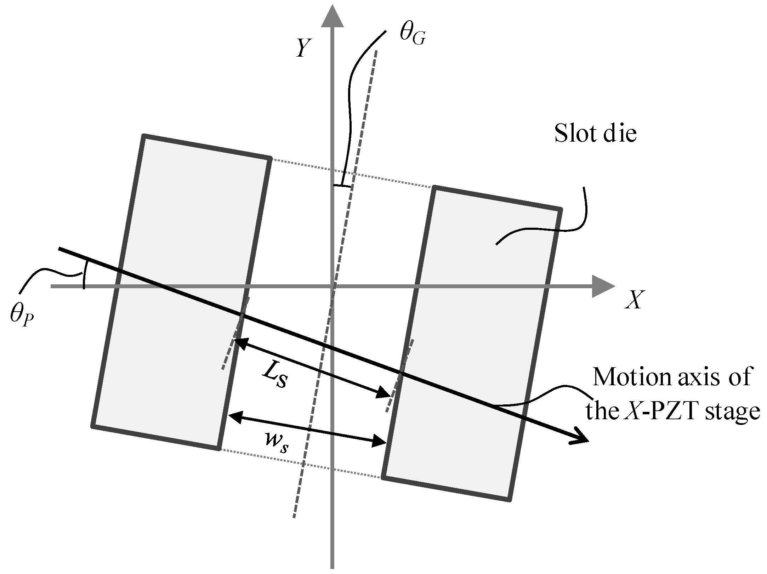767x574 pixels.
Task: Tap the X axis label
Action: click(x=634, y=300)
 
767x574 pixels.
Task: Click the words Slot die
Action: click(x=595, y=134)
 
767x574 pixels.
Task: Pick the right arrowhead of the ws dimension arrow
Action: click(x=380, y=441)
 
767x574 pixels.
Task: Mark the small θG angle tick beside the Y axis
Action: click(x=342, y=185)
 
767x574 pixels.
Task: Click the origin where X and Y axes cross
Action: click(x=332, y=286)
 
